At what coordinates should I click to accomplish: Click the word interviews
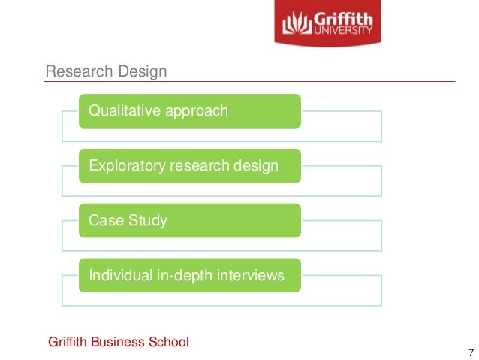click(x=250, y=276)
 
